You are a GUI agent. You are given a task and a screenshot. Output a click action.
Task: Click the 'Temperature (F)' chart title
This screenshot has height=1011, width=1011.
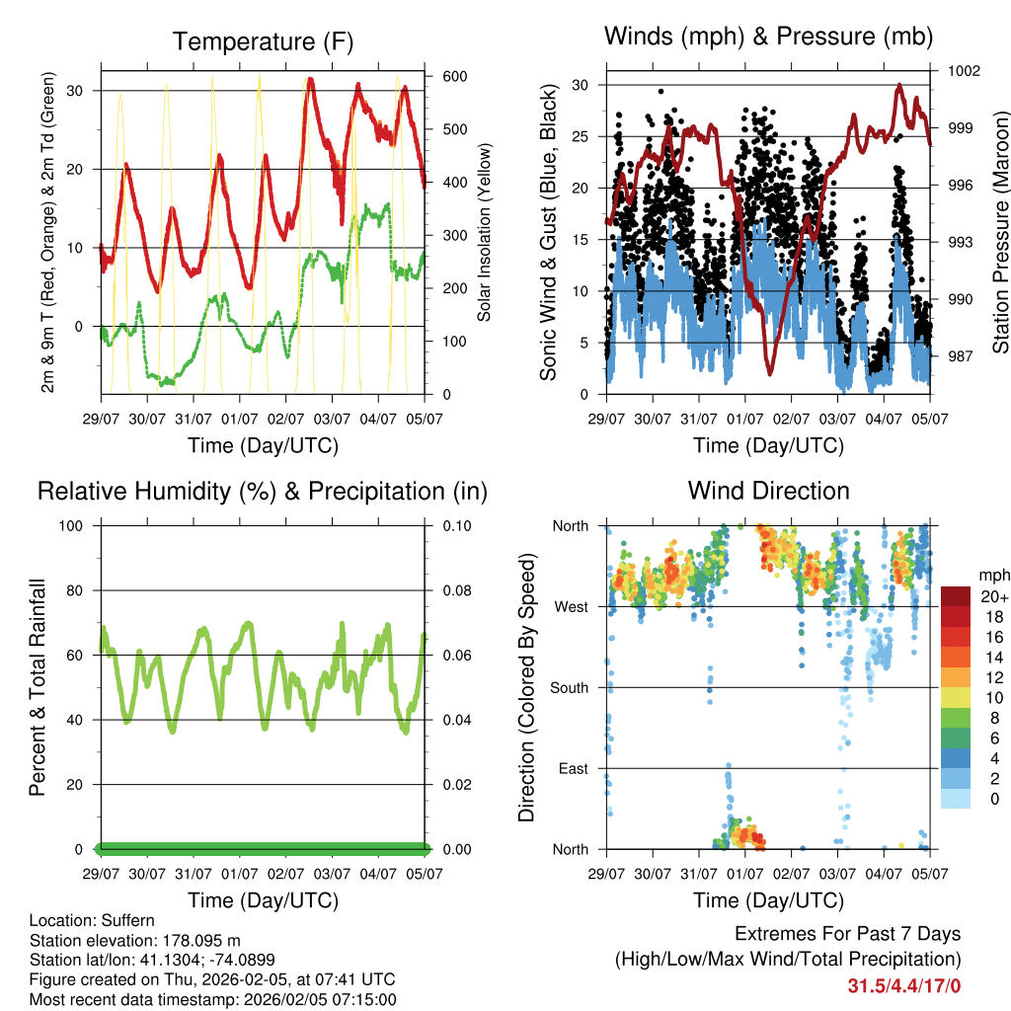263,41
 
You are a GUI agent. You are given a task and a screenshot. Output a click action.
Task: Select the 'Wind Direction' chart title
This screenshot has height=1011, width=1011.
768,491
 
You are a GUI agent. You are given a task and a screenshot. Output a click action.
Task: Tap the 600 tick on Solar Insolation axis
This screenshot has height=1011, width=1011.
454,77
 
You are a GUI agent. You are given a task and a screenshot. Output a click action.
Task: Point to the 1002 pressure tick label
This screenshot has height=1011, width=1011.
966,71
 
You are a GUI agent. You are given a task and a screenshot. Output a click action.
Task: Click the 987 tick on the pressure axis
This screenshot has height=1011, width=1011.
962,356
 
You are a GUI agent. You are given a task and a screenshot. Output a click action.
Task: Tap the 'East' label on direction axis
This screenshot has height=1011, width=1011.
573,768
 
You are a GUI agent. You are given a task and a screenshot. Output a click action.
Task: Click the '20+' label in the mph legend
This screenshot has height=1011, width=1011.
995,596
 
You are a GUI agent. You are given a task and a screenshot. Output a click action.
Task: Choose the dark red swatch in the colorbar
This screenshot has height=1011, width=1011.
956,596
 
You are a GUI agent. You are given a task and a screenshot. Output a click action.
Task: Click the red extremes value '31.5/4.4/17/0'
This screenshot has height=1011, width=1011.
904,985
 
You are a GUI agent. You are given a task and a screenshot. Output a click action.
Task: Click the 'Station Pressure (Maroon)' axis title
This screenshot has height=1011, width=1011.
999,218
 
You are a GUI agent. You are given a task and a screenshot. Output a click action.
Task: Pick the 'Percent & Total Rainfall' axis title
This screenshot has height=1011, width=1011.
37,687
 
